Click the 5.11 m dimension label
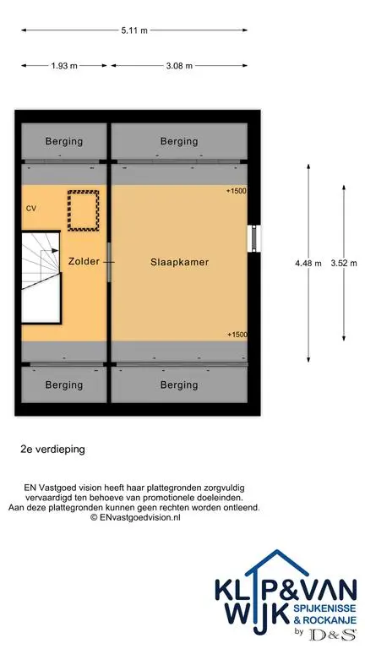point(134,30)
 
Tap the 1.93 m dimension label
point(64,65)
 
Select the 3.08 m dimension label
point(179,65)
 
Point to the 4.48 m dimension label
point(308,263)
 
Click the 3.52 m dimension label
point(344,263)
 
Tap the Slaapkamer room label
point(179,262)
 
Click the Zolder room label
point(84,262)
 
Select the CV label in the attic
point(31,209)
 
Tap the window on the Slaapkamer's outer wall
point(253,238)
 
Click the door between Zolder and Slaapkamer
point(109,262)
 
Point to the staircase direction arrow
point(49,250)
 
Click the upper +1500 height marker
point(237,191)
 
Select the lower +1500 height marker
point(237,335)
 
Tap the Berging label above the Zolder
point(64,142)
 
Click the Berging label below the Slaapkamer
point(179,385)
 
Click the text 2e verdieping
point(52,449)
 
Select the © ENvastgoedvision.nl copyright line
point(135,517)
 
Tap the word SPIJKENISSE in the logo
point(324,608)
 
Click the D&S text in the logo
point(333,634)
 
